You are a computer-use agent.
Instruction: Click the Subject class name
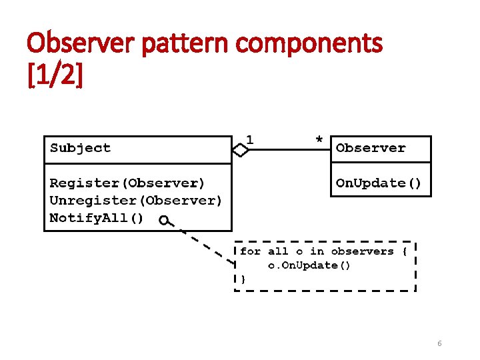(x=80, y=148)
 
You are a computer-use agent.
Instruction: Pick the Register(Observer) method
(x=127, y=183)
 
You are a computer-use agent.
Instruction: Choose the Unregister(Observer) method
(x=136, y=200)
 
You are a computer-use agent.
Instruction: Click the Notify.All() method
(x=96, y=218)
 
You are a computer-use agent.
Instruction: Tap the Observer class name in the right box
(x=371, y=148)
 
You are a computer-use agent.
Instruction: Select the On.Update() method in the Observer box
(x=378, y=183)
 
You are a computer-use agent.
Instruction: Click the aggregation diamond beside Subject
(x=241, y=151)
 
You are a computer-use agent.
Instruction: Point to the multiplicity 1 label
(x=249, y=139)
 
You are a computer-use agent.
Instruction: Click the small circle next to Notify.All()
(x=163, y=221)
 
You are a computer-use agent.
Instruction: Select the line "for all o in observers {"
(x=323, y=251)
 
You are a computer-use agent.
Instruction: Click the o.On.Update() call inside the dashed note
(x=309, y=265)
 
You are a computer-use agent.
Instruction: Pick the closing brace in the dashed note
(x=243, y=279)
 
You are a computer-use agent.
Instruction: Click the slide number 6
(x=439, y=343)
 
